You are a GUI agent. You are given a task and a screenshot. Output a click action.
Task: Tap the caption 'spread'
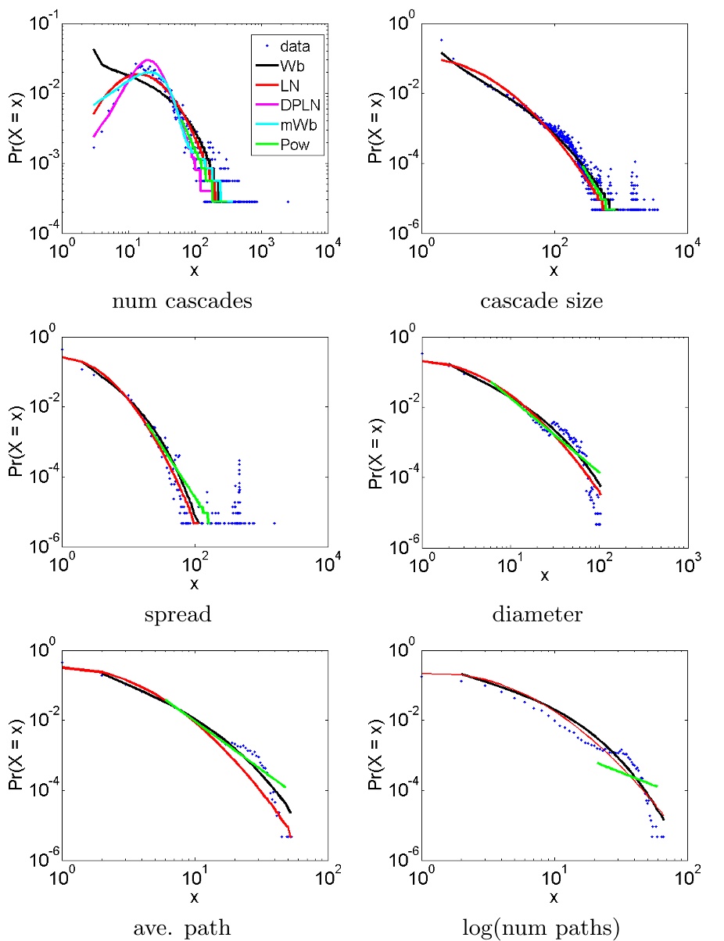(x=177, y=614)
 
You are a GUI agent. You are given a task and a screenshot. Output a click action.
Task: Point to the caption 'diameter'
(x=537, y=614)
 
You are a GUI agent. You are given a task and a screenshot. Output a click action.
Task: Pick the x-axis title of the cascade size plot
(x=554, y=271)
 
